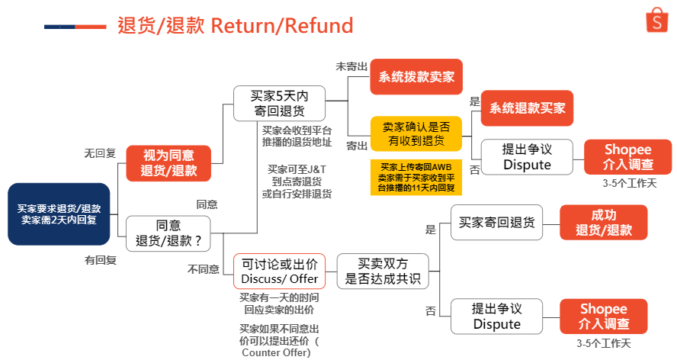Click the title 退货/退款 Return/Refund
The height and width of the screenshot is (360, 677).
point(236,26)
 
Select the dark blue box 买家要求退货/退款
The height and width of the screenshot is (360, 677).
point(59,214)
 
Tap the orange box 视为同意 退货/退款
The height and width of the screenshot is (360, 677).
point(168,162)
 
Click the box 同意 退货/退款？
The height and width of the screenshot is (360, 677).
point(168,233)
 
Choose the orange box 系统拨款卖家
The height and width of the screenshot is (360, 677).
point(416,76)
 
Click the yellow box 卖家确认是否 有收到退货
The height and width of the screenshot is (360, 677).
point(416,134)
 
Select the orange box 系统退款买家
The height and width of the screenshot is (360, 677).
point(528,108)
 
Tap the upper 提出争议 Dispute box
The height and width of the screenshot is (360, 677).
point(527,156)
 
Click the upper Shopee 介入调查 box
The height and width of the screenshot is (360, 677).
point(628,156)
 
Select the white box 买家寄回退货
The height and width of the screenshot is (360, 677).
point(496,222)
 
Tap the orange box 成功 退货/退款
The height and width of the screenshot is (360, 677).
point(604,222)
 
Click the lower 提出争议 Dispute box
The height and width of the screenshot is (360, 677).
point(496,316)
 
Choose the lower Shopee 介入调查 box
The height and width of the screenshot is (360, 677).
point(604,316)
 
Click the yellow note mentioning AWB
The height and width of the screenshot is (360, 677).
point(416,175)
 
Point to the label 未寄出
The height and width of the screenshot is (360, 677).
point(351,66)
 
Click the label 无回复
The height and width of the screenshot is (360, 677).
point(100,153)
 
